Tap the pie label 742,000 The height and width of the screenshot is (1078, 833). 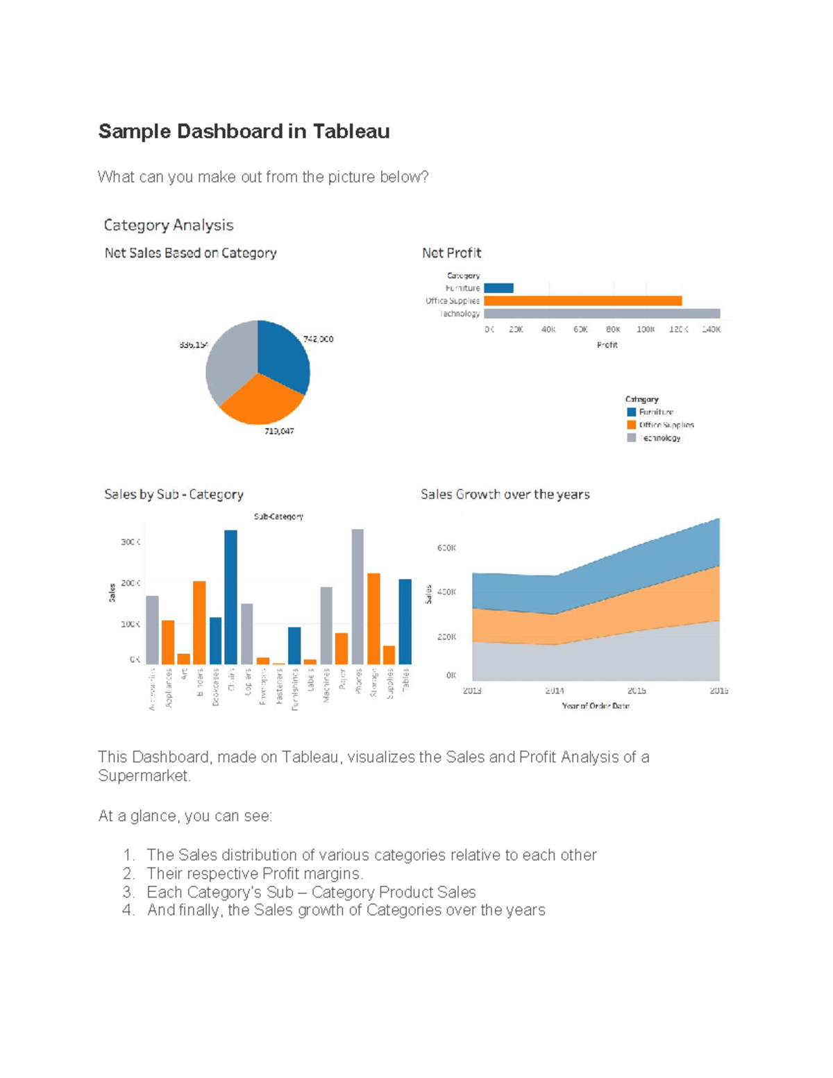[318, 339]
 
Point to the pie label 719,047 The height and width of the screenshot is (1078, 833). [278, 431]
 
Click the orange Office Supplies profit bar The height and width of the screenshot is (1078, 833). [582, 301]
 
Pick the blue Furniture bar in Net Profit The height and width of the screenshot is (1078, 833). [498, 288]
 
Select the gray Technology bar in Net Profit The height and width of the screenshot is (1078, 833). [601, 314]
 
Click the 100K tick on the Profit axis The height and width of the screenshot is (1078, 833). [646, 330]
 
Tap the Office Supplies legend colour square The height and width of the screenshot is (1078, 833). [631, 425]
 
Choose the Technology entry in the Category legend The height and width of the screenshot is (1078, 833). [659, 438]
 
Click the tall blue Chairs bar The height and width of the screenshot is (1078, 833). [230, 597]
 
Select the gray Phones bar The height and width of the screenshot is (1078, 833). [357, 597]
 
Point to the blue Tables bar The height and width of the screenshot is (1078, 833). [405, 621]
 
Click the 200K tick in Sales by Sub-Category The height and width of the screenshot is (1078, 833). [131, 583]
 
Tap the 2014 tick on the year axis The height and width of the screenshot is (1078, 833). [554, 691]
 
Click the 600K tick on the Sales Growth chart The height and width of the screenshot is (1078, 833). [446, 548]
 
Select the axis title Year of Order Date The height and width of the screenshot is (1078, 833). [596, 706]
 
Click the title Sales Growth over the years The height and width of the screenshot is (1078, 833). [505, 494]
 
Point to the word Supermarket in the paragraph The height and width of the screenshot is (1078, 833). [144, 775]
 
